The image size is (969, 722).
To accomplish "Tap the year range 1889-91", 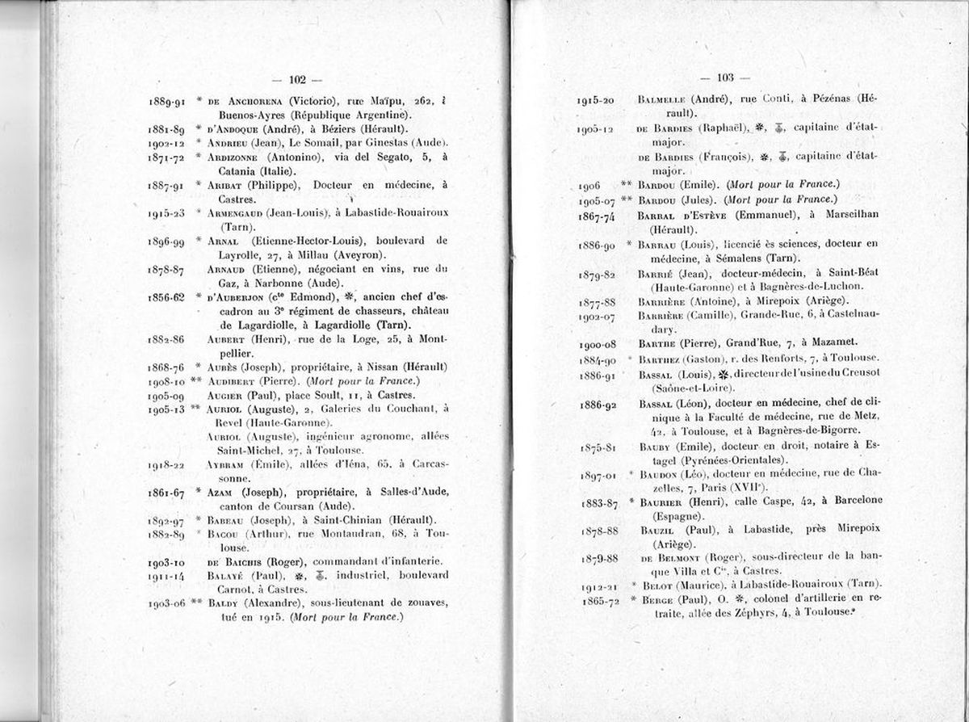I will (x=167, y=102).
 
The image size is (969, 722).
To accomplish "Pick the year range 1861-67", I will (x=167, y=493).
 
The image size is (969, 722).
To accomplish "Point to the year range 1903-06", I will (x=167, y=603).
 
